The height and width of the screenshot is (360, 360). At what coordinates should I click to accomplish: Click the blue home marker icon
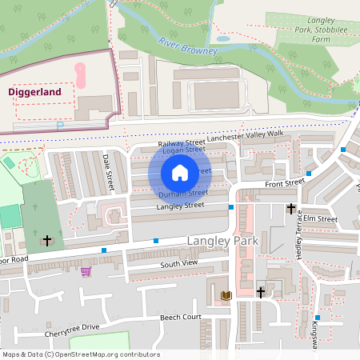coord(180,173)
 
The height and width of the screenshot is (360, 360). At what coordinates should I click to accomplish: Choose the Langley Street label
coord(181,206)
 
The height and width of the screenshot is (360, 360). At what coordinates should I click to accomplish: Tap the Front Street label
coord(285,183)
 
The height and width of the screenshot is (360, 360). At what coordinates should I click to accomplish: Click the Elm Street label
coord(320,218)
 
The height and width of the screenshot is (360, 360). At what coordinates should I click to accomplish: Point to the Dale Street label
coord(109,173)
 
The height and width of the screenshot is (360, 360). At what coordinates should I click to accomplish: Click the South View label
coord(178,264)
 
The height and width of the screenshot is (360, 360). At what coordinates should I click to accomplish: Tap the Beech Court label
coord(180,318)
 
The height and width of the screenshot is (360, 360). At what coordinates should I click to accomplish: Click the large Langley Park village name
coord(219,241)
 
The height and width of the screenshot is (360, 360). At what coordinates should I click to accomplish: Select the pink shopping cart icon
coord(86,271)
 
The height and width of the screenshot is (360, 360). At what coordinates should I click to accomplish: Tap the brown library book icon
coord(226,295)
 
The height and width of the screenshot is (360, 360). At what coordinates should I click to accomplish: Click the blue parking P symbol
coord(59,126)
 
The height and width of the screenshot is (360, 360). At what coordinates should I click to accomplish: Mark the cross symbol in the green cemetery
coord(47,239)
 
